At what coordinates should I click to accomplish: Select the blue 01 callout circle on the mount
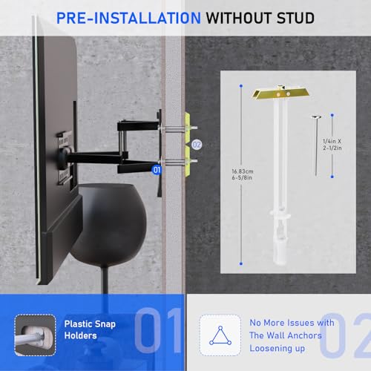157,169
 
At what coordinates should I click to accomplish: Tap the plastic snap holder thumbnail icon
33,330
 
